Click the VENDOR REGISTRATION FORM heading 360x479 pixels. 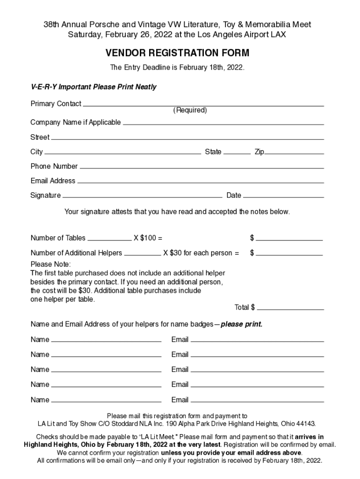pos(177,53)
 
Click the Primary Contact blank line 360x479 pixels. pos(203,106)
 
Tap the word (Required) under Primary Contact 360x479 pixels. pos(190,110)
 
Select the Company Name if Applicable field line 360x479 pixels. pos(223,124)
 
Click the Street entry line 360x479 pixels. pos(187,139)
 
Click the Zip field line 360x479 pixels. pos(294,153)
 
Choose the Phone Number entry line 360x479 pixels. pos(202,168)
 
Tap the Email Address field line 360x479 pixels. pos(200,182)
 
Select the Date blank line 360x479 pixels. pos(283,197)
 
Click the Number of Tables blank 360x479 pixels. pos(109,239)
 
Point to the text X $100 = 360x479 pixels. pos(148,238)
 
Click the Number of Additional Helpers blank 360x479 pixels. pos(142,255)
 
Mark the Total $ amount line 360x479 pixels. pos(290,309)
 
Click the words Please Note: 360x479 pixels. pos(50,264)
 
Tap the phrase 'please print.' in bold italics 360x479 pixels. pos(241,324)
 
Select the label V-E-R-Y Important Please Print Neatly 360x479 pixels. pos(94,87)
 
